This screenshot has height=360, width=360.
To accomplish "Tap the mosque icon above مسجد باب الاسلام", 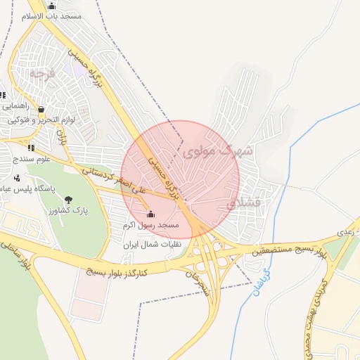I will click(x=51, y=6).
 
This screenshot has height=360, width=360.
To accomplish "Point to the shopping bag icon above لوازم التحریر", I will click(x=41, y=110).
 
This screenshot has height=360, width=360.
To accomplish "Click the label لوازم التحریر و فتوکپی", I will click(x=43, y=120).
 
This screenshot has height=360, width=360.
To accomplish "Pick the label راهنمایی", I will click(x=15, y=106).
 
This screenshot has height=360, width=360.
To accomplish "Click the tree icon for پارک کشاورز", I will click(x=68, y=200).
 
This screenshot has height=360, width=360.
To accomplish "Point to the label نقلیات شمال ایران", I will click(x=153, y=245).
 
